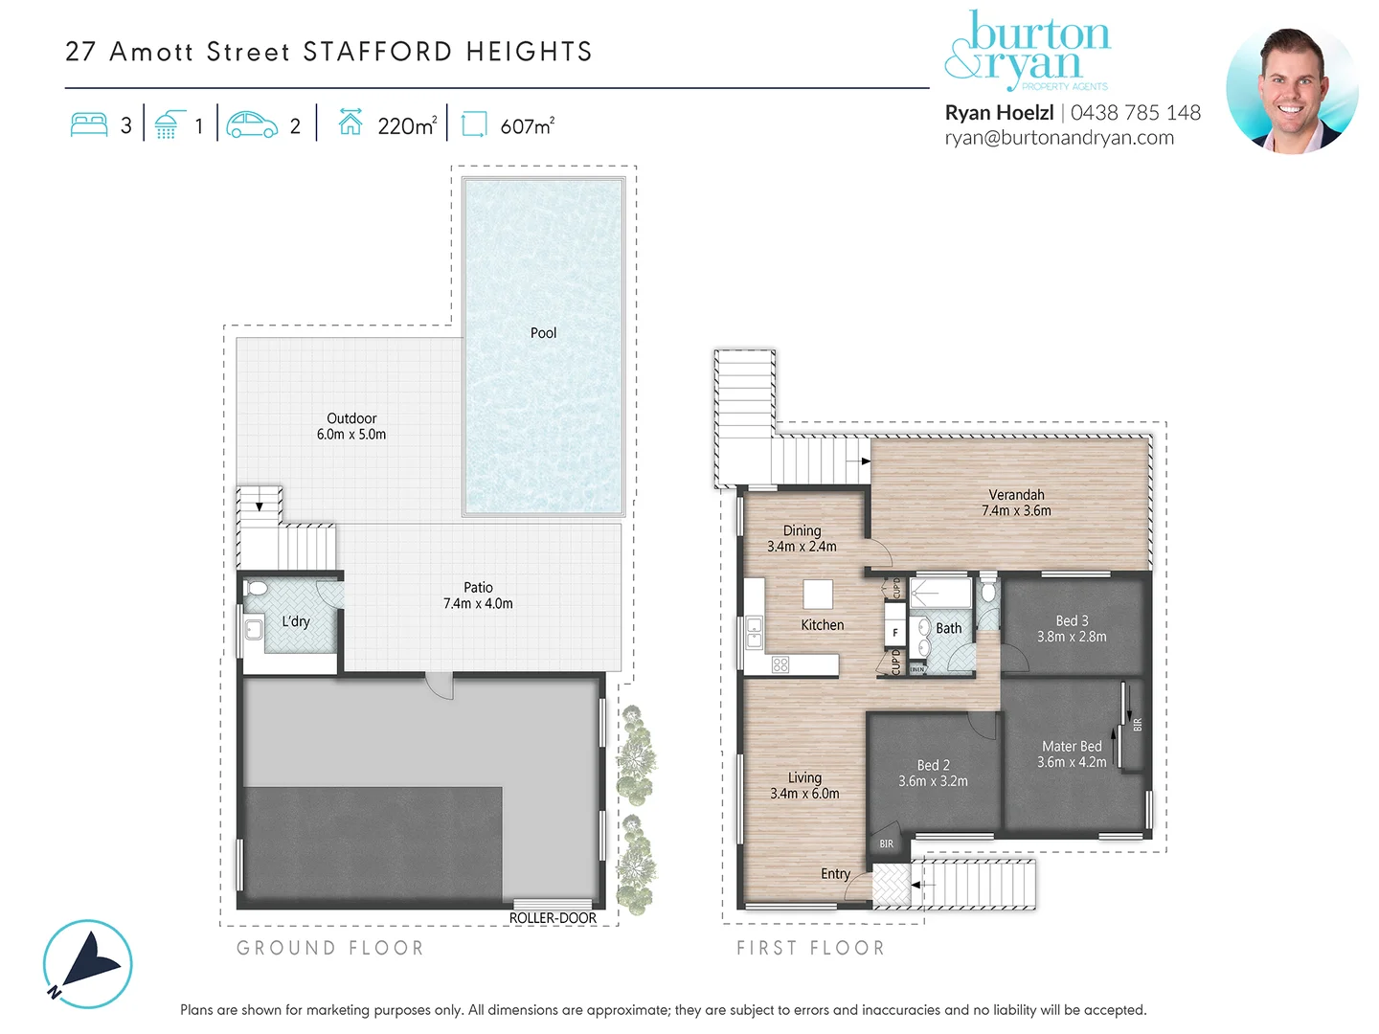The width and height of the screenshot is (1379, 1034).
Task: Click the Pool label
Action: click(x=543, y=333)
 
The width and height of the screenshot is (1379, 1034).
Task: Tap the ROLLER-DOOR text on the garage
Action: click(x=553, y=918)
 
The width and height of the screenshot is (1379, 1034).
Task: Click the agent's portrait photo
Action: click(x=1291, y=90)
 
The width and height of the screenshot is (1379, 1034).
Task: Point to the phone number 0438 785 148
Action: click(x=1135, y=113)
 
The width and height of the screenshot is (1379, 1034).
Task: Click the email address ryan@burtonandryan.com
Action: click(x=1059, y=138)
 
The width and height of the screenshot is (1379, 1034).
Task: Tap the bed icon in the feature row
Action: click(x=89, y=125)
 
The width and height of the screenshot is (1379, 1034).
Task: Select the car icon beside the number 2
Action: click(x=252, y=125)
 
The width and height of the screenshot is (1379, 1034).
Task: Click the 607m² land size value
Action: click(x=527, y=126)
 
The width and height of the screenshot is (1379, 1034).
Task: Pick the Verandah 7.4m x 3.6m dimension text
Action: click(x=1016, y=511)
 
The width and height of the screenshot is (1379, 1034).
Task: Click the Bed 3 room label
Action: click(x=1072, y=620)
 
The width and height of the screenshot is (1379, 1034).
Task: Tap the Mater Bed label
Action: click(x=1072, y=746)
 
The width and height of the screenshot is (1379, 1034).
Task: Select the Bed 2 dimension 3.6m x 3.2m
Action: click(x=933, y=781)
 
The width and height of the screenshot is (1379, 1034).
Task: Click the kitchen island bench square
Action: click(x=818, y=595)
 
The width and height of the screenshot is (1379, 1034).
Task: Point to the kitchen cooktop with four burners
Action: click(x=780, y=664)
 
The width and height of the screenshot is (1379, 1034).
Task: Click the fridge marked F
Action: click(x=895, y=633)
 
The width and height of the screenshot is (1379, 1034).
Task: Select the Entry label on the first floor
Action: click(x=835, y=874)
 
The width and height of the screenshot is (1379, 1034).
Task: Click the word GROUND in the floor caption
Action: click(x=285, y=948)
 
